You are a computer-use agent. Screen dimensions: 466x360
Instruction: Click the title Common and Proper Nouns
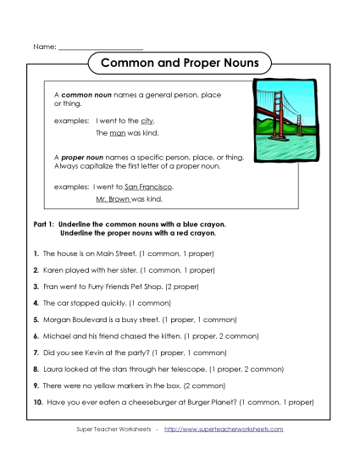pos(180,63)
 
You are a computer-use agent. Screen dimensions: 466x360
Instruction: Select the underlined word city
pos(147,121)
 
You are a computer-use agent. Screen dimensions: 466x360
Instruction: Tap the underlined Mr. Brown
pos(113,198)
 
